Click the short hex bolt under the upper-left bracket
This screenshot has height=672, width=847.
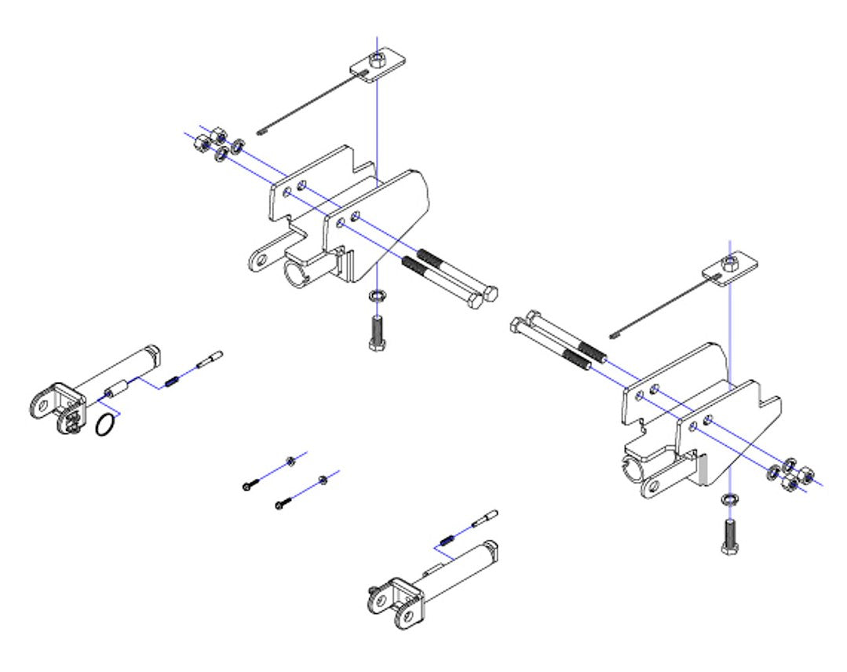[376, 333]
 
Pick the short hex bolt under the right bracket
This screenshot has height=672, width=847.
[729, 537]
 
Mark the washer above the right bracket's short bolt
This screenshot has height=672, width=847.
[729, 499]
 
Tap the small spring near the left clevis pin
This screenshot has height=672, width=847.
[173, 382]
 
